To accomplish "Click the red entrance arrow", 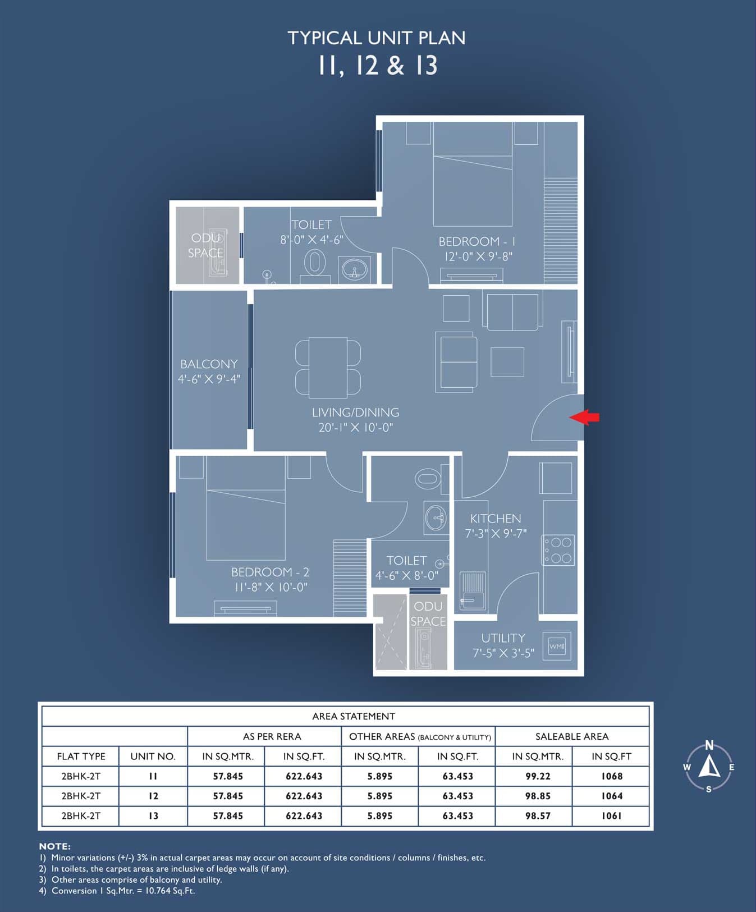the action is tap(584, 417).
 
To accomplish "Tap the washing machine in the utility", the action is tap(557, 646).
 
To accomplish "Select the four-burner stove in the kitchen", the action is tap(558, 550).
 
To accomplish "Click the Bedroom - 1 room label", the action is tap(476, 241).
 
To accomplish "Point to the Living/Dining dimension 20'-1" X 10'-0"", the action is tap(356, 428).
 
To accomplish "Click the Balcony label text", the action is tap(209, 364).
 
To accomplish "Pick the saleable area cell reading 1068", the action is tap(611, 776).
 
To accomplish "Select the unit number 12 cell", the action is tap(153, 796).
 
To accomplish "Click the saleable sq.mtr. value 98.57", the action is tap(538, 815).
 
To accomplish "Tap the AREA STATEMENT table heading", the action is tap(354, 716).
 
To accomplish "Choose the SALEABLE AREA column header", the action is tap(572, 736).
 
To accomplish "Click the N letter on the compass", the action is tap(709, 745).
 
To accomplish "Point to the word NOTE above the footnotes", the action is tap(54, 846).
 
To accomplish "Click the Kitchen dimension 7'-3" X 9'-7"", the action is tap(496, 534).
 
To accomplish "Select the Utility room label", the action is tap(503, 638).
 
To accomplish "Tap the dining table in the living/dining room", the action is tap(328, 366).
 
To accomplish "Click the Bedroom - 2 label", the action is tap(271, 572).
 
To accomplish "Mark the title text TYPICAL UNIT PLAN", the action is tap(377, 38).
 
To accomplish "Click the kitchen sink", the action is tap(473, 591).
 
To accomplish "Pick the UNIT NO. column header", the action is tap(153, 757).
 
